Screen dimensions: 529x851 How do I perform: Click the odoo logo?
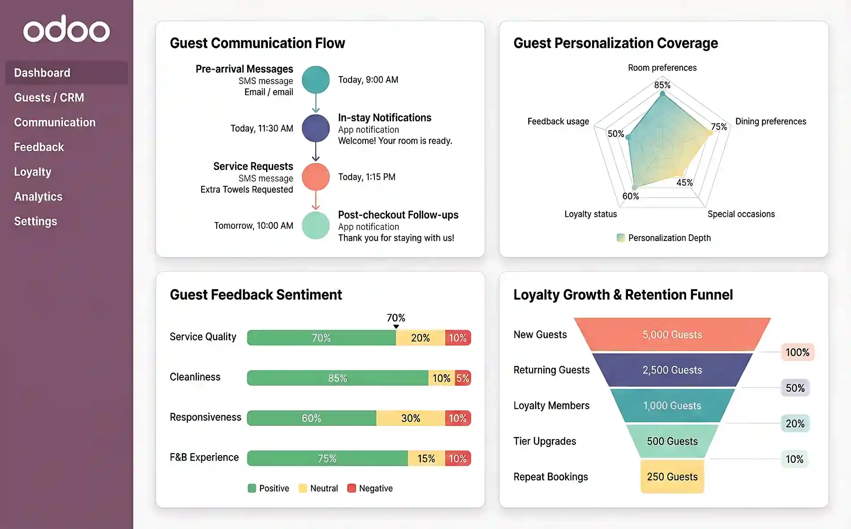tap(66, 29)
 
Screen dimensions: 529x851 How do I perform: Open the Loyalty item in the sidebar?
tap(33, 172)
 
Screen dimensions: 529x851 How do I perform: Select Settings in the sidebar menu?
tap(35, 221)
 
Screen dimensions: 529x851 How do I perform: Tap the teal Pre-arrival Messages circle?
tap(316, 80)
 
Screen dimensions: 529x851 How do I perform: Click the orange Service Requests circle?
tap(316, 177)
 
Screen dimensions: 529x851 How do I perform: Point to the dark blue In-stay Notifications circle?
tap(316, 129)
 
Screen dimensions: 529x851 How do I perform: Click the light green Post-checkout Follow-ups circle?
tap(316, 225)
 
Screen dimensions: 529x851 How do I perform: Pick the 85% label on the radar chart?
tap(662, 85)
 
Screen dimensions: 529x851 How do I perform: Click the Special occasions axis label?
tap(741, 214)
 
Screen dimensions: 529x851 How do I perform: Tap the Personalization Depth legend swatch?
tap(621, 238)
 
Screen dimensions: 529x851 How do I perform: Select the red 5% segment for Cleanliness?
tap(463, 378)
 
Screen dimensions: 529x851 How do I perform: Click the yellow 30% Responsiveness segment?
tap(411, 418)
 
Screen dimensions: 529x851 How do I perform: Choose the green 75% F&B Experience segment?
tap(327, 459)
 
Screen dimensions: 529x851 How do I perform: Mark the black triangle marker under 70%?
tap(396, 327)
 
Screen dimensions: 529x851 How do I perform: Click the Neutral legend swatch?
tap(303, 488)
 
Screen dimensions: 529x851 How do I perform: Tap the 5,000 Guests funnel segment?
tap(672, 335)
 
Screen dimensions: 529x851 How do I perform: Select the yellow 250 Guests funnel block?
tap(672, 477)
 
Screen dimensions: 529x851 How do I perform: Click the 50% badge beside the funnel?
tap(795, 388)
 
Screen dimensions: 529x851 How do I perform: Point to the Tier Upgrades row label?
tap(545, 441)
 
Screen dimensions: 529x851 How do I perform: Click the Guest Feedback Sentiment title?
tap(256, 295)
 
